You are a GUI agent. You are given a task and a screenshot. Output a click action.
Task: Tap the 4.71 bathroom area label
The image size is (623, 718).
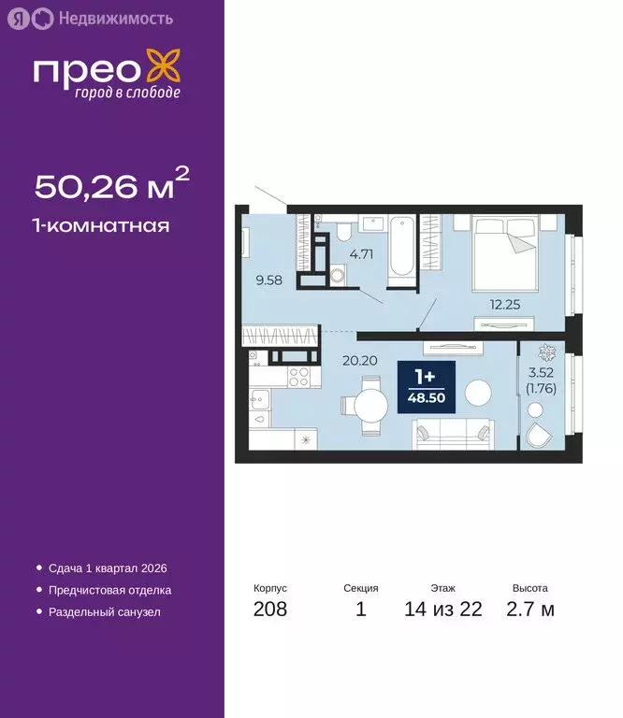(x=361, y=251)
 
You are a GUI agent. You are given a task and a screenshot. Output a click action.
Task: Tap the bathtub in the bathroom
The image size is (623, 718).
(x=400, y=245)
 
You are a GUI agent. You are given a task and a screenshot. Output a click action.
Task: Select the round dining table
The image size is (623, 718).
(x=366, y=406)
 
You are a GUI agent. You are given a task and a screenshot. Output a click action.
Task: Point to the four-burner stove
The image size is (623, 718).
(x=299, y=378)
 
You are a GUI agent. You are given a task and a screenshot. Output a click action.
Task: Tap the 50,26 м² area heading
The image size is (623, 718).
(x=112, y=185)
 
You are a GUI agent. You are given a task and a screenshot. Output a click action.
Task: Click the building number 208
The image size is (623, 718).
(x=270, y=610)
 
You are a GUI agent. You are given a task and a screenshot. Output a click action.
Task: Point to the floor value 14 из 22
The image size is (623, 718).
(x=443, y=610)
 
